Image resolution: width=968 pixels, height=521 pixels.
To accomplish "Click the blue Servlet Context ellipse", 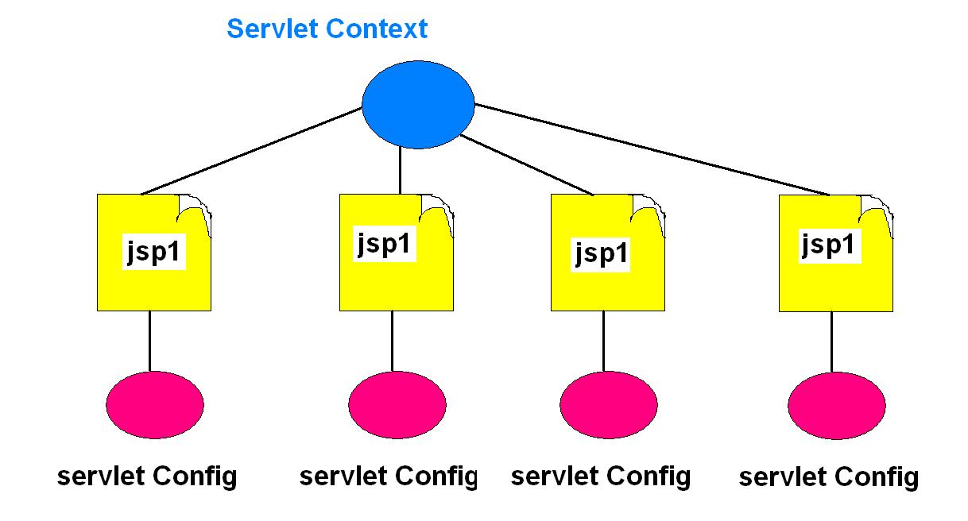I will click(x=418, y=105).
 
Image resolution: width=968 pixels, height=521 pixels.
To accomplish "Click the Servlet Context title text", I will click(x=327, y=29).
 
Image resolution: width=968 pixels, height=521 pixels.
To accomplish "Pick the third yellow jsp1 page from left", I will click(x=607, y=278).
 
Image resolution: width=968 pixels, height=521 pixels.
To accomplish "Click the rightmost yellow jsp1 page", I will click(x=835, y=278).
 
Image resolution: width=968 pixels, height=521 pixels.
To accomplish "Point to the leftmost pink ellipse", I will click(x=155, y=403).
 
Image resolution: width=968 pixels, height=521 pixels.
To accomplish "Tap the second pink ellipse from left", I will click(x=397, y=403).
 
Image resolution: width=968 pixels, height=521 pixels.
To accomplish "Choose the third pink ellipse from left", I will click(x=608, y=404).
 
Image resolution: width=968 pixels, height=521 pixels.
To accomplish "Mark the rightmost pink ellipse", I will click(x=836, y=404).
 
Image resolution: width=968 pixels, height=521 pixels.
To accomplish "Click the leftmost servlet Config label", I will click(x=147, y=477).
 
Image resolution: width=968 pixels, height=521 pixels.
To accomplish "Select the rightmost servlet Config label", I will click(x=828, y=477).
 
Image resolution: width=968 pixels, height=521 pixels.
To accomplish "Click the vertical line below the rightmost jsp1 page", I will click(x=832, y=342).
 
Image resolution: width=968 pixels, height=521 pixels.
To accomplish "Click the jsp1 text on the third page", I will click(x=602, y=253).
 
